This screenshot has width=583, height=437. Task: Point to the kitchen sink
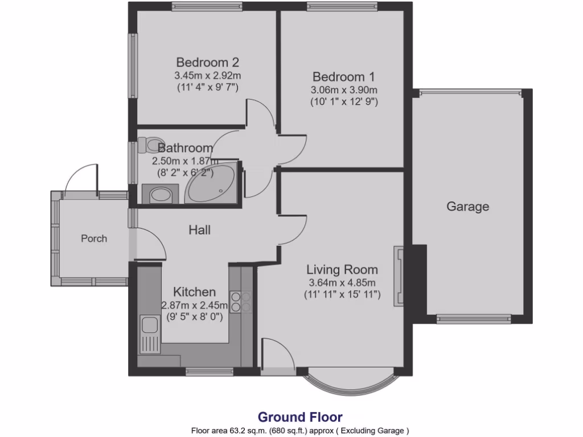coord(150,325)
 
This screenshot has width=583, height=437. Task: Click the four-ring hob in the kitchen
coord(241,301)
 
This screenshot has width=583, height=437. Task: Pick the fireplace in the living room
coord(399,277)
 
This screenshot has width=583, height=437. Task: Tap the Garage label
coord(467,207)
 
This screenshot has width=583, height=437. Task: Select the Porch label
coord(94,238)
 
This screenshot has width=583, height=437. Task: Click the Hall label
coord(200,230)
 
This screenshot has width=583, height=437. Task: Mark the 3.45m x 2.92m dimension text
coord(207,75)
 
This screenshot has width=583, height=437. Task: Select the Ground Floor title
coord(300,417)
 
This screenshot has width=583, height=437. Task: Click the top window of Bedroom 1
coord(342,6)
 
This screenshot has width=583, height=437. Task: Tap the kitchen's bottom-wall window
coord(202,373)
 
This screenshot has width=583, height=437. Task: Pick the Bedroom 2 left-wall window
coord(133,65)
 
